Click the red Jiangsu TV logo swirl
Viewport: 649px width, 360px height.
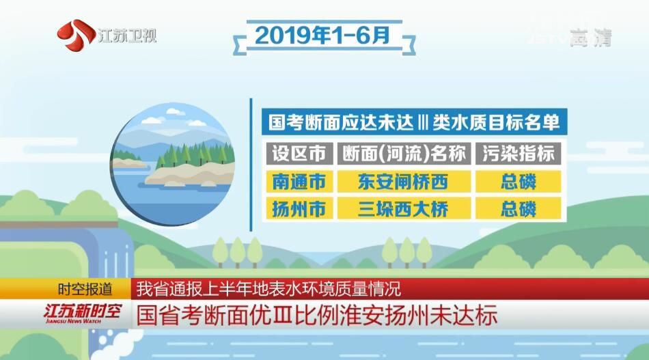pyautogui.click(x=76, y=36)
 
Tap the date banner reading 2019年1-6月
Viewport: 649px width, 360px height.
pyautogui.click(x=323, y=36)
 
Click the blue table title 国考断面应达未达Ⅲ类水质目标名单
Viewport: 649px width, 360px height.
pyautogui.click(x=414, y=122)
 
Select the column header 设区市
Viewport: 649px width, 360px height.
pyautogui.click(x=299, y=154)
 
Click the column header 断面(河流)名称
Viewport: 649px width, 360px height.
pyautogui.click(x=404, y=154)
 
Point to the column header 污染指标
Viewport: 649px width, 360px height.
pyautogui.click(x=519, y=154)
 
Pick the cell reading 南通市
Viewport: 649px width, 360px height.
pyautogui.click(x=299, y=181)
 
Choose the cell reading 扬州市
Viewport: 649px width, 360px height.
pyautogui.click(x=299, y=208)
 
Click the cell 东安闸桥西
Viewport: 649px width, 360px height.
pyautogui.click(x=404, y=181)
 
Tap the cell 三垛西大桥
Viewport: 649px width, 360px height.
pyautogui.click(x=404, y=208)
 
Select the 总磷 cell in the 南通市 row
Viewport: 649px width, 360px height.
pyautogui.click(x=519, y=181)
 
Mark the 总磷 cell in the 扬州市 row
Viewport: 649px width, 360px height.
pyautogui.click(x=519, y=208)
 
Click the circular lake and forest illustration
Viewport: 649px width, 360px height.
pyautogui.click(x=173, y=164)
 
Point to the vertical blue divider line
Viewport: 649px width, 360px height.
pyautogui.click(x=251, y=165)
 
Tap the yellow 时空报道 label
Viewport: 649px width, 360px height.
pyautogui.click(x=85, y=289)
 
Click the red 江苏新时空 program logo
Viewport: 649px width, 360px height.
pyautogui.click(x=81, y=314)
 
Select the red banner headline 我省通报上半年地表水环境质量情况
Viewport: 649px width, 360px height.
pyautogui.click(x=268, y=289)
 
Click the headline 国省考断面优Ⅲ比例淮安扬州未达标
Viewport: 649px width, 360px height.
pyautogui.click(x=317, y=316)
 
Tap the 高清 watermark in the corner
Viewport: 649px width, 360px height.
pyautogui.click(x=591, y=38)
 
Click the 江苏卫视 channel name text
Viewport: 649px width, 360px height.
pyautogui.click(x=127, y=36)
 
